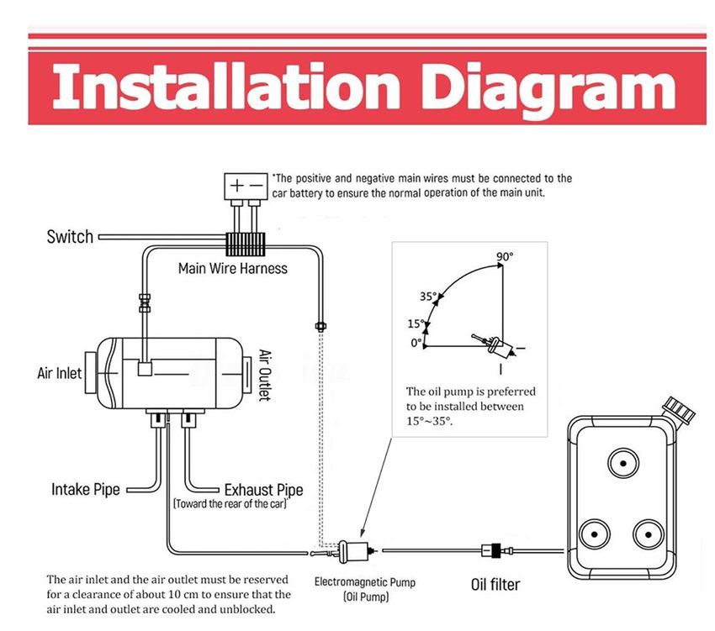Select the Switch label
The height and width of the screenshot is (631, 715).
tap(70, 237)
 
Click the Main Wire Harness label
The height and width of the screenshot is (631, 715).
tap(232, 269)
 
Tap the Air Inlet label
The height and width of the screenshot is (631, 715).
tap(60, 372)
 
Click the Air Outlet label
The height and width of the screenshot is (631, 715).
tap(264, 375)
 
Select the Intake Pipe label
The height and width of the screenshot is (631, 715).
tap(85, 489)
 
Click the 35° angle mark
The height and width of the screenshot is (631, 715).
tap(429, 297)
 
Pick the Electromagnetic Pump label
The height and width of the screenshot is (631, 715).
tap(365, 581)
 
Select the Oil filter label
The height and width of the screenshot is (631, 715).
tap(495, 584)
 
